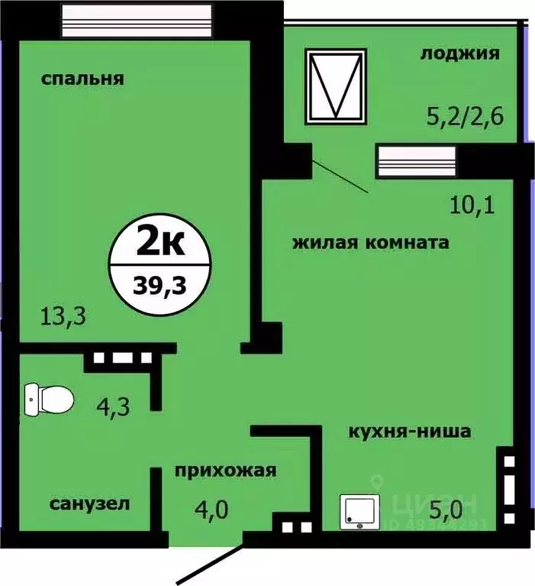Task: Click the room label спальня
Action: point(83,79)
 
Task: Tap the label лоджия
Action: point(459,53)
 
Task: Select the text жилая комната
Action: point(370,244)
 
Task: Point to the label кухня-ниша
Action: point(409,432)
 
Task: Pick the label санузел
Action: point(89,504)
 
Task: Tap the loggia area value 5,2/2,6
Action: point(466,118)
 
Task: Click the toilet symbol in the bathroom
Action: point(49,399)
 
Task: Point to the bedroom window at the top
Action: point(136,18)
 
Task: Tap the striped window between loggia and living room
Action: point(416,162)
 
